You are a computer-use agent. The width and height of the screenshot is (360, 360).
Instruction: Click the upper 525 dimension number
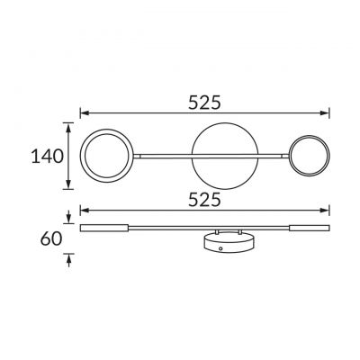click(x=204, y=103)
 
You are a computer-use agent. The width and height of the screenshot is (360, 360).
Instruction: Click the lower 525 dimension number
click(x=204, y=200)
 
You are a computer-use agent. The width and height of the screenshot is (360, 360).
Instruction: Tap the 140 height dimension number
click(x=48, y=157)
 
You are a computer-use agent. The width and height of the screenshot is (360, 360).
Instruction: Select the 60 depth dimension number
click(x=51, y=239)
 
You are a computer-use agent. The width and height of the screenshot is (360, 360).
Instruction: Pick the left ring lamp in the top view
click(x=83, y=156)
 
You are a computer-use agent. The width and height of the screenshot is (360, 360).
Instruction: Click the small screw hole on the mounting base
click(x=220, y=248)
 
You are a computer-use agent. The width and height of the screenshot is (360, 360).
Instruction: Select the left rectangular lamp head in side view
click(x=104, y=228)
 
